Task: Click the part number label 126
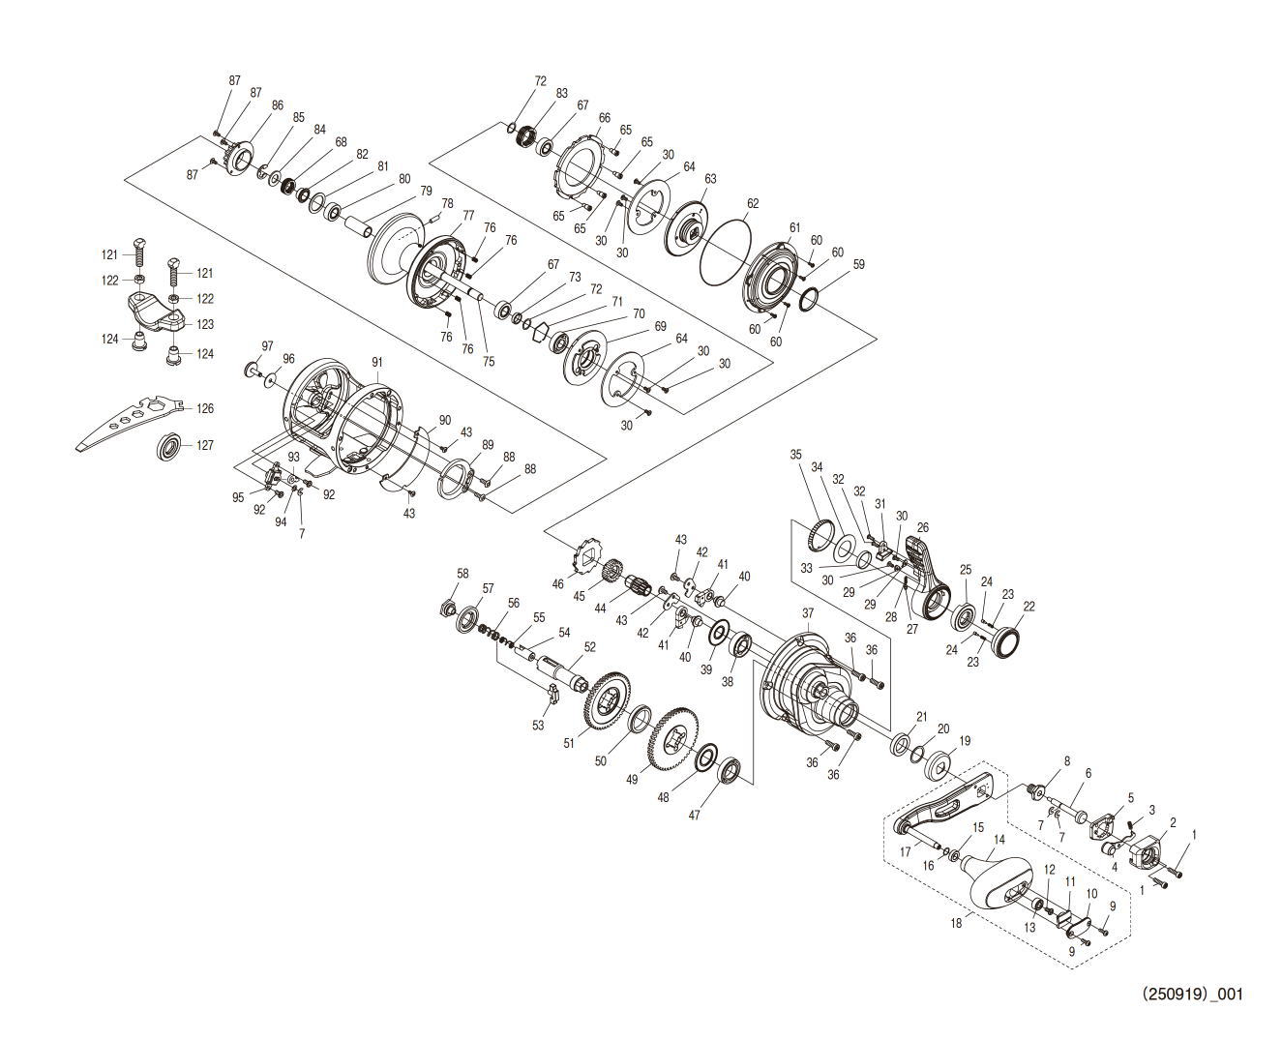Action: [205, 408]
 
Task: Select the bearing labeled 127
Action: [168, 446]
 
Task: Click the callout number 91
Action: [376, 363]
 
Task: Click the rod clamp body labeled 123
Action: [158, 312]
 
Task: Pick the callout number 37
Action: [808, 613]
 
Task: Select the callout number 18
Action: [956, 923]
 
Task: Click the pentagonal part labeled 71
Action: [541, 331]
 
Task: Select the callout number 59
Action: [858, 264]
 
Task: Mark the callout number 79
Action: [426, 191]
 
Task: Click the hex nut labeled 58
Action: [448, 609]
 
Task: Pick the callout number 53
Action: [538, 726]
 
